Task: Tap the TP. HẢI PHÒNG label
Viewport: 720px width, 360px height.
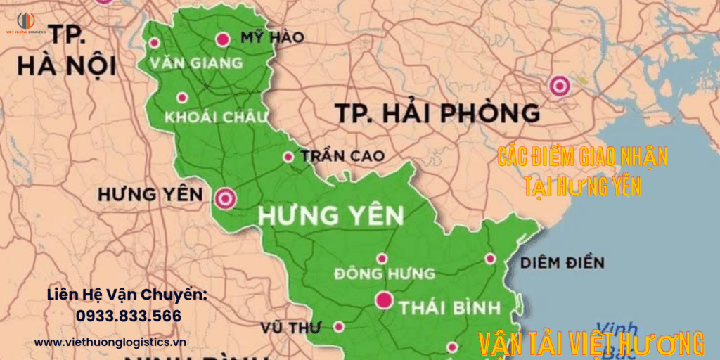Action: [437, 112]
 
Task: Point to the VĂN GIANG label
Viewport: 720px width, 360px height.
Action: [196, 63]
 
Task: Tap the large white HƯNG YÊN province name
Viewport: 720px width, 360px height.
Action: [330, 216]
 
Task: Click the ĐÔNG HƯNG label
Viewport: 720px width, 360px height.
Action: [385, 273]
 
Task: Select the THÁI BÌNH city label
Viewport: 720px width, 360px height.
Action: [449, 307]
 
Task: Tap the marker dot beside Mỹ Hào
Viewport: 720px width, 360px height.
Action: [224, 39]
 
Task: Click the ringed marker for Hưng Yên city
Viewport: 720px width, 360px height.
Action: [226, 198]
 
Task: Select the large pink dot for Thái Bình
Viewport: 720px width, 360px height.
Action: [384, 300]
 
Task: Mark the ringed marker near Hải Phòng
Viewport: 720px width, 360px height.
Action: [560, 85]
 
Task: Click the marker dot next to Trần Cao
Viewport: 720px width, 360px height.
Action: [288, 157]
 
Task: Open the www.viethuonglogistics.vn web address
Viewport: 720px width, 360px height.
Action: [110, 342]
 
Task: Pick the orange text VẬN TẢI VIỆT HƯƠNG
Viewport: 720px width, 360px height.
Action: [591, 345]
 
